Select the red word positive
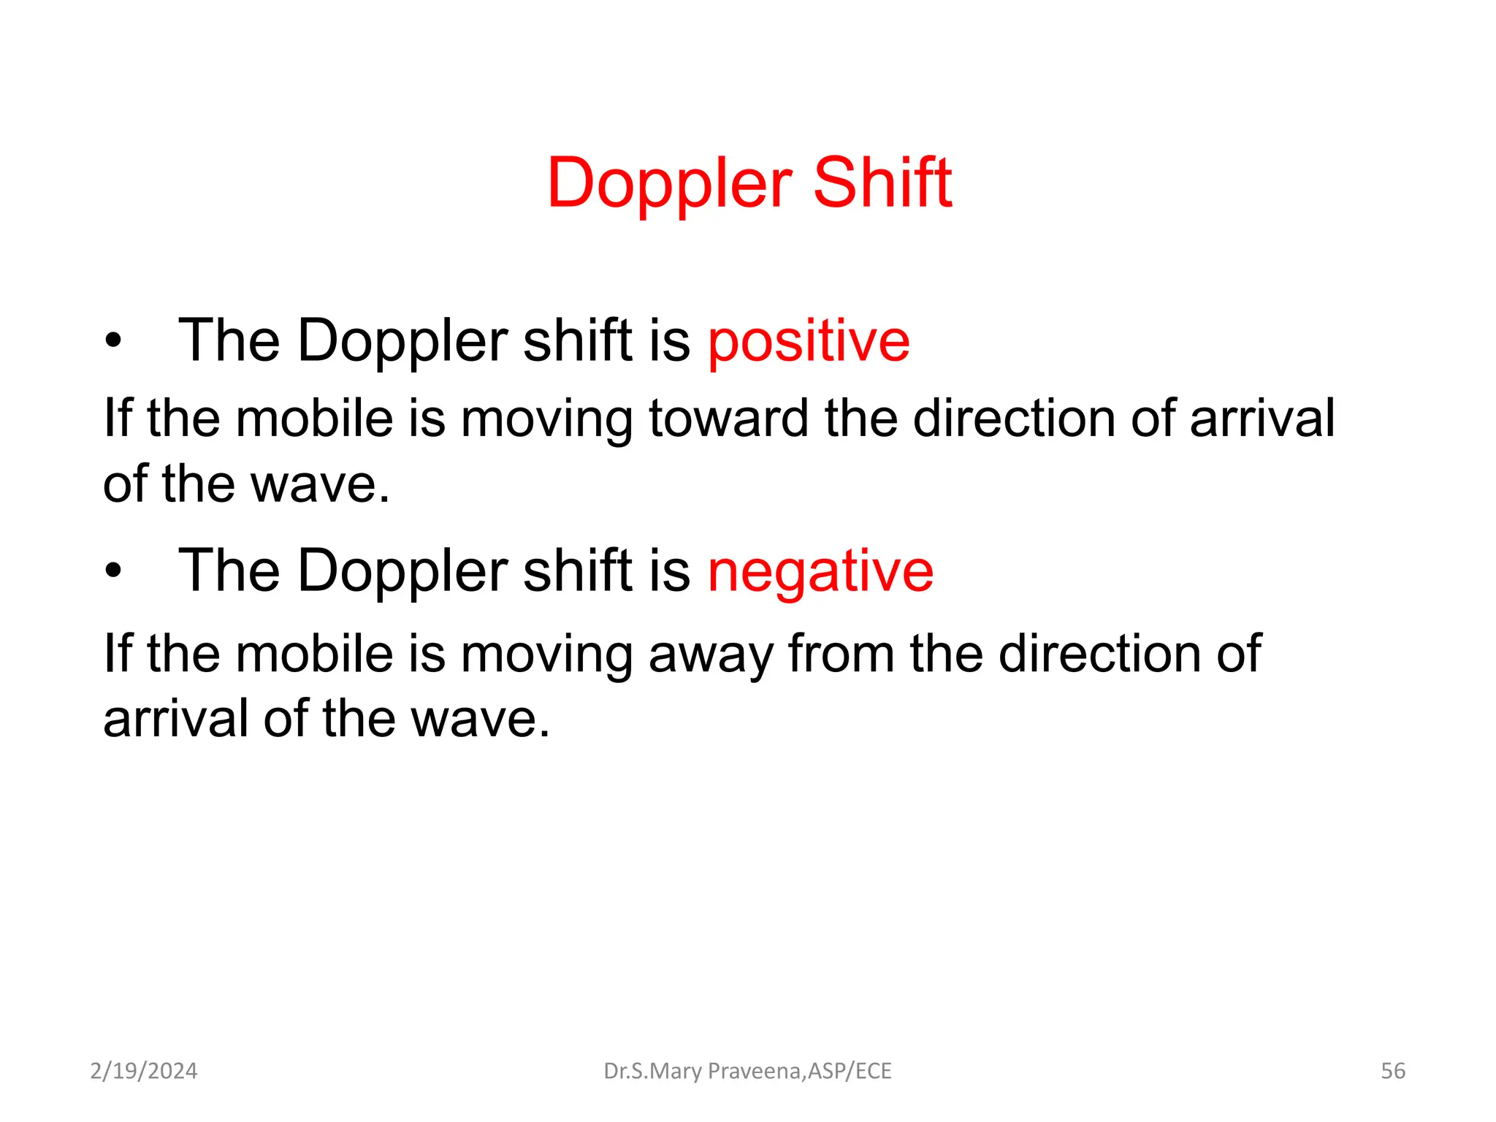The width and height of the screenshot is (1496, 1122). click(x=809, y=341)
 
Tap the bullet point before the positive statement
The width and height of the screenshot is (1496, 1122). click(x=112, y=341)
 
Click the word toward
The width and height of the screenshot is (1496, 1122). click(x=728, y=419)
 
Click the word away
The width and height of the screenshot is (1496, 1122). click(x=710, y=654)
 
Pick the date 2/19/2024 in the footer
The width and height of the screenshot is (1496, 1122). click(x=143, y=1071)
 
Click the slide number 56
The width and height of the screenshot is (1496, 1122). click(x=1392, y=1071)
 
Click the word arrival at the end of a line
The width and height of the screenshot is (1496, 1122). click(x=1262, y=419)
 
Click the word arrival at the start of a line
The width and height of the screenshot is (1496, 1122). click(x=175, y=719)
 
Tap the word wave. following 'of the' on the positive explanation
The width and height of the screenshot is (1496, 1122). click(x=320, y=484)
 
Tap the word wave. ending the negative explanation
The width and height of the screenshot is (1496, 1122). click(x=480, y=719)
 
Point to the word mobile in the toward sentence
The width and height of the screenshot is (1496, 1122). click(x=314, y=419)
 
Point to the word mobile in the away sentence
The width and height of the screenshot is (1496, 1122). click(x=314, y=654)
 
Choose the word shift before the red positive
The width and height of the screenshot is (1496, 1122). click(x=578, y=341)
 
